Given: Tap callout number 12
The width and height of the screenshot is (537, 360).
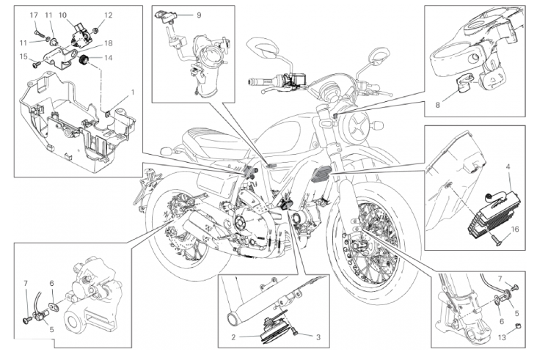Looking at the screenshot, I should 109,15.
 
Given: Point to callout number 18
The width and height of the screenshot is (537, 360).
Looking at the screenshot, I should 109,43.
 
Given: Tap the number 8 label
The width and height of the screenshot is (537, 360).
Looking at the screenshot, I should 438,105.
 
